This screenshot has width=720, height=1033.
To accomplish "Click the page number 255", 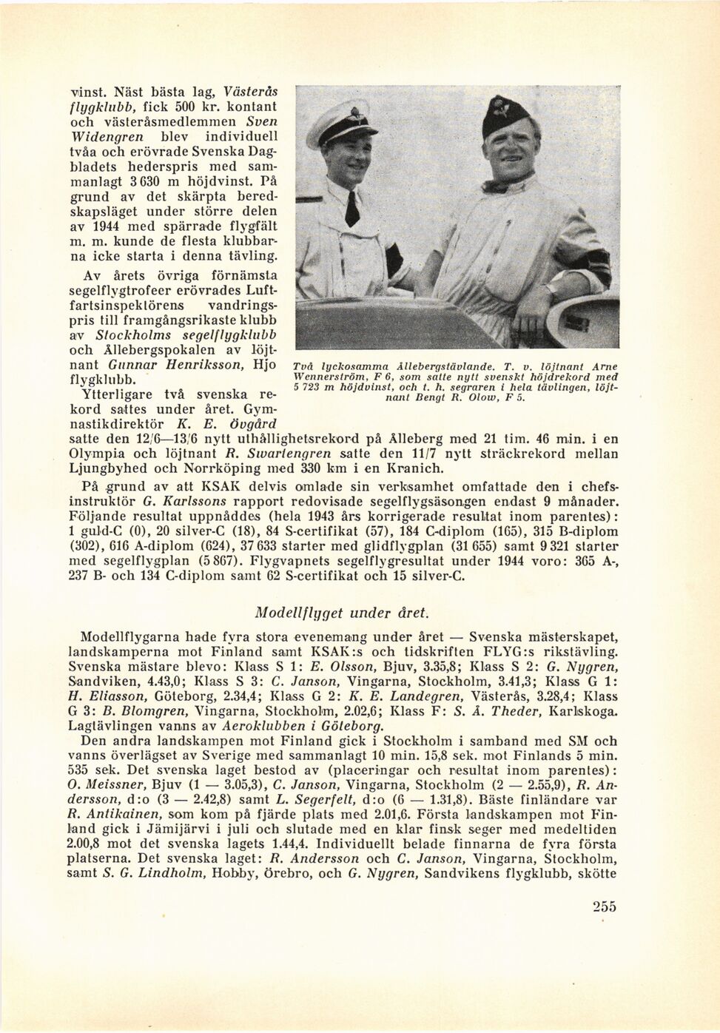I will tap(604, 906).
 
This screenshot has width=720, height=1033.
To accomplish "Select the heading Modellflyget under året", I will tap(341, 613).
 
